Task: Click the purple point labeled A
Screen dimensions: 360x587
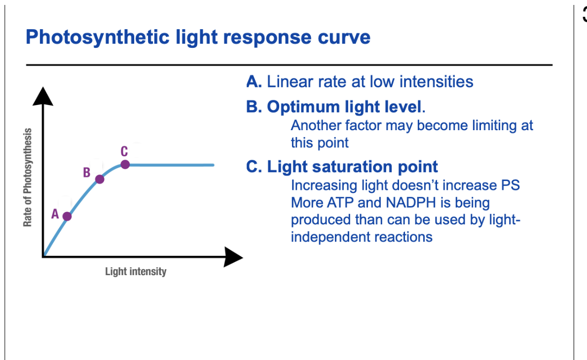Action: point(67,216)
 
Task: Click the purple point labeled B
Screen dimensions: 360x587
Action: point(100,179)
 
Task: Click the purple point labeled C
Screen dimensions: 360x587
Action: point(125,164)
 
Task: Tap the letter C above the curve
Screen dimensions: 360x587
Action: point(124,151)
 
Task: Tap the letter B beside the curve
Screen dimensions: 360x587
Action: point(86,173)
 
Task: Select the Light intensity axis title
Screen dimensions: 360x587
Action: point(136,272)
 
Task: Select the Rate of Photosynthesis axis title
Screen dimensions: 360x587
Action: point(28,178)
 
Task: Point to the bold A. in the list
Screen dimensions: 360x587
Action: point(254,81)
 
